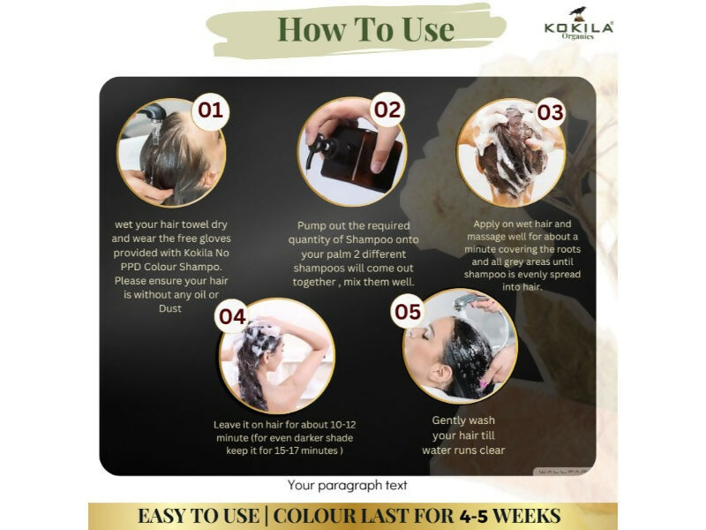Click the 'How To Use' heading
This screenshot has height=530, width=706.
(365, 29)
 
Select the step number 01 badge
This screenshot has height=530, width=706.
(210, 112)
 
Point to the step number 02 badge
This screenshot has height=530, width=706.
(387, 110)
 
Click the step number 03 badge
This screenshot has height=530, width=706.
(550, 113)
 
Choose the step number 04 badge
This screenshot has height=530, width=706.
(232, 316)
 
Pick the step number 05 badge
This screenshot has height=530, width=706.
(408, 312)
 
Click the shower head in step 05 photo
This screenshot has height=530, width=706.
(468, 305)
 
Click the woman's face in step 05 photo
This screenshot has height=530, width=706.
(431, 340)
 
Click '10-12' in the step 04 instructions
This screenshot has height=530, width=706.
(338, 424)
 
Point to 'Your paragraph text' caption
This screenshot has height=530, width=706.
(348, 485)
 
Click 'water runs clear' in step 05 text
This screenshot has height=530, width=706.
(463, 450)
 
